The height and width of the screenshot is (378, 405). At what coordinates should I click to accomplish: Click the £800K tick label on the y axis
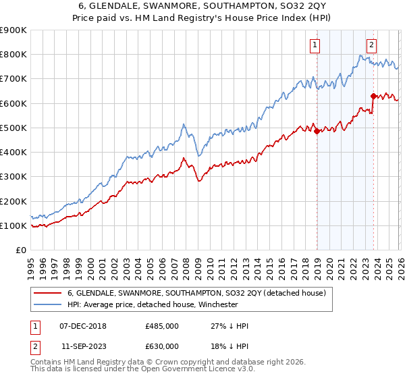13,55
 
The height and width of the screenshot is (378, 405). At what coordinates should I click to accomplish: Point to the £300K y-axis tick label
13,177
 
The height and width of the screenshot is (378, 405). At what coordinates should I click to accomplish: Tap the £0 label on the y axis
20,250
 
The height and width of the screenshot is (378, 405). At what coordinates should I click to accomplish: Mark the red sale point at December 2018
317,132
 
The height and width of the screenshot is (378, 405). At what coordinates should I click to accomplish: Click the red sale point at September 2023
373,96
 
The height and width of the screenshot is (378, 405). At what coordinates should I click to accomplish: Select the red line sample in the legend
48,293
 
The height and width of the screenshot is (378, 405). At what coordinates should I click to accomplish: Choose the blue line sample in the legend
48,304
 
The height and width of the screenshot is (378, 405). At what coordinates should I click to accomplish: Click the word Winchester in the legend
217,304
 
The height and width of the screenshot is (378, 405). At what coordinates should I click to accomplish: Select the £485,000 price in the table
161,326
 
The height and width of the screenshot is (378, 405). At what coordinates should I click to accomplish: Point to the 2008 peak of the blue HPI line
184,124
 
